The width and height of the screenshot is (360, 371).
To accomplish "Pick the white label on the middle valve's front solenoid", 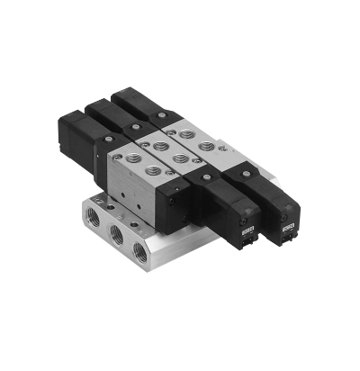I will click(247, 233).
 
